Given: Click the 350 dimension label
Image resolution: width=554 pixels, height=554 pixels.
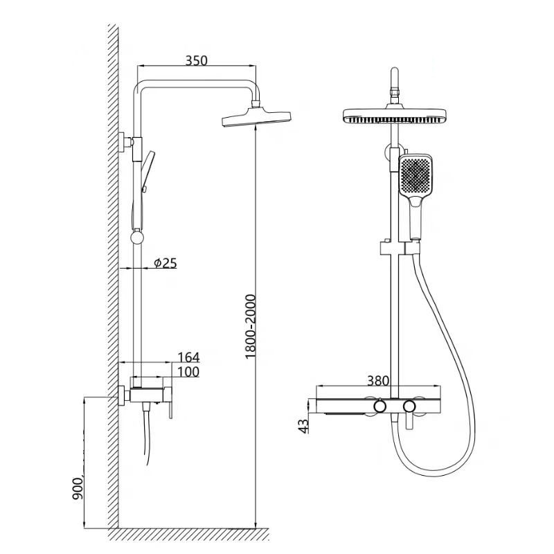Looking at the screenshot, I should click(197, 60).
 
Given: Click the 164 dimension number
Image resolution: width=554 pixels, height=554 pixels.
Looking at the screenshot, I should click(188, 357).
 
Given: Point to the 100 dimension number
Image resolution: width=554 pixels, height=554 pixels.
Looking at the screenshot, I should click(188, 373).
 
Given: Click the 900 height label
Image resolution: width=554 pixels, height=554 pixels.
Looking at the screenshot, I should click(75, 489).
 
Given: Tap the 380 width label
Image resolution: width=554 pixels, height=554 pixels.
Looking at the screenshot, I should click(378, 380).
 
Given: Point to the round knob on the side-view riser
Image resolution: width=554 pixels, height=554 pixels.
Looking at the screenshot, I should click(137, 237).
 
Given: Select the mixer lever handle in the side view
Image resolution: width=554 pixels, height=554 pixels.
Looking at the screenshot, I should click(167, 409).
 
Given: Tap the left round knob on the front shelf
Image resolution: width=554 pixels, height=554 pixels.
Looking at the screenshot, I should click(379, 405).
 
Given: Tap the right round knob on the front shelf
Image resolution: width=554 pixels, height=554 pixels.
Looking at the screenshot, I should click(409, 405).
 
